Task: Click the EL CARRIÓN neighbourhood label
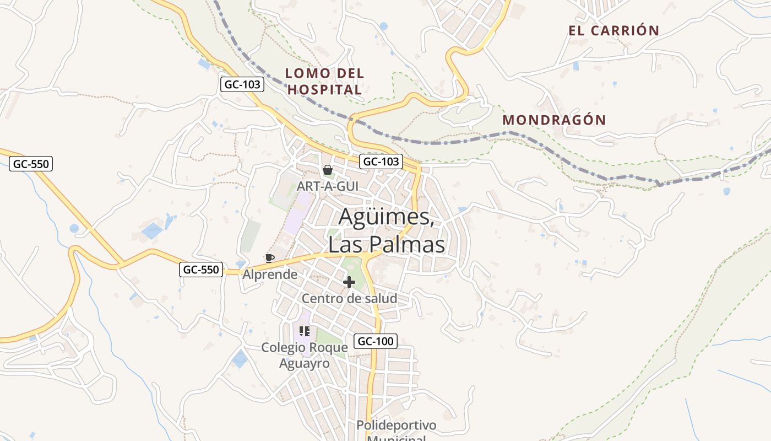(x=613, y=31)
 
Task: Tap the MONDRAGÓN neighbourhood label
(x=554, y=120)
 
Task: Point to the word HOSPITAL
(x=324, y=90)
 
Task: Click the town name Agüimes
(x=385, y=217)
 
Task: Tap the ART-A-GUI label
(x=327, y=186)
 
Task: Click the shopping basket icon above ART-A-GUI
(x=327, y=170)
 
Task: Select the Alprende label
(x=270, y=275)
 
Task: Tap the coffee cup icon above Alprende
(x=269, y=258)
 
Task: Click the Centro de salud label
(x=349, y=299)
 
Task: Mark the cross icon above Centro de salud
(x=349, y=283)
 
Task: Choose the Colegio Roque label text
(x=305, y=347)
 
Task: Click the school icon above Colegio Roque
(x=305, y=331)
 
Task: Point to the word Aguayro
(x=305, y=364)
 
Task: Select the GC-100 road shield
(x=375, y=341)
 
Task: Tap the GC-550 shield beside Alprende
(x=201, y=270)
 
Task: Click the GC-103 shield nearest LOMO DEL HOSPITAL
(x=242, y=84)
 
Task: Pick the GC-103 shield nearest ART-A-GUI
(x=381, y=162)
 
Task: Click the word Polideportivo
(x=396, y=426)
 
